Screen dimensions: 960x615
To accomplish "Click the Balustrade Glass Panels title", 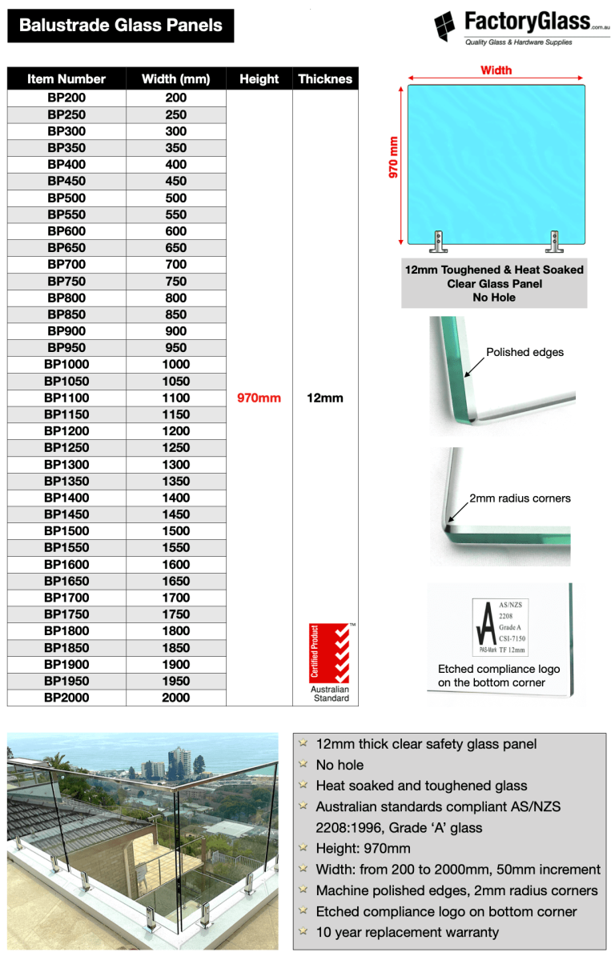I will coord(120,26).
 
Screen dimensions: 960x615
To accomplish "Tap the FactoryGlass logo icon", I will coord(446,26).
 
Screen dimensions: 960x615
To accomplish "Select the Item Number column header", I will coord(66,79).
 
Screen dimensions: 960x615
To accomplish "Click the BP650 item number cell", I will coord(66,248).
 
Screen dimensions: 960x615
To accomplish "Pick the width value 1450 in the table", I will coord(175,514).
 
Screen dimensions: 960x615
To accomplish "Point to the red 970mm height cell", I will coord(259,398).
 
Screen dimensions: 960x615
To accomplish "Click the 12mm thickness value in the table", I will coord(324,398).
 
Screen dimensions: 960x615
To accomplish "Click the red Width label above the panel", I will coord(496,70).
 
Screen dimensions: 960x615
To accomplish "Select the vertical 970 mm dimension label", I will coord(393,158).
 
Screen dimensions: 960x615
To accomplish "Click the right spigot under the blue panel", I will coord(553,240).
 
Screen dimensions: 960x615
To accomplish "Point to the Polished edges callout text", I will coord(525,352).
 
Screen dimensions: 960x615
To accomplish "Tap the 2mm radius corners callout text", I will coord(520,498).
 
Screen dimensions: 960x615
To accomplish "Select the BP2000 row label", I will coord(66,698).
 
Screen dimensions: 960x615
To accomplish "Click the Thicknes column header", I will coord(324,79).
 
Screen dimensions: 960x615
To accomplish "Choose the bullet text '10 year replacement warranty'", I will coord(407,932).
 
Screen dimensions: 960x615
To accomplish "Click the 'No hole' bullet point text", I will coord(340,765).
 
